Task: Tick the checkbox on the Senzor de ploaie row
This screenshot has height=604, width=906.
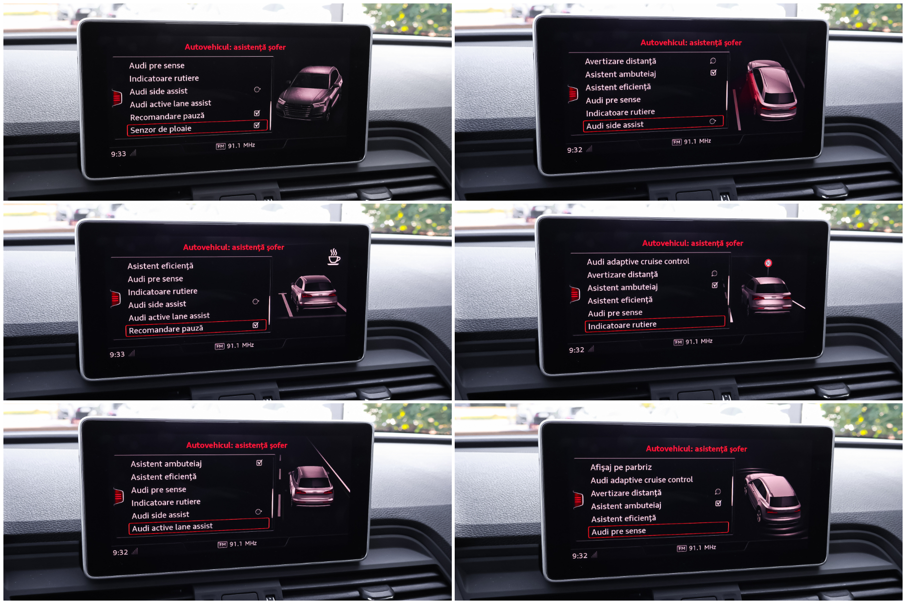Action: [257, 125]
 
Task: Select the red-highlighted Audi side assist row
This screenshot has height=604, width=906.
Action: [653, 124]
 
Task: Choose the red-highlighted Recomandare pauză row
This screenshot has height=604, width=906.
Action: [196, 328]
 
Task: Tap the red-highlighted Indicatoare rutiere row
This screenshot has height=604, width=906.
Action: [655, 324]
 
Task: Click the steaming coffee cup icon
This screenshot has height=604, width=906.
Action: [334, 256]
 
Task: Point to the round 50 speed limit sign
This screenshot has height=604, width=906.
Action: [768, 263]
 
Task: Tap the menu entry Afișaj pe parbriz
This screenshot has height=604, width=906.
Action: [621, 467]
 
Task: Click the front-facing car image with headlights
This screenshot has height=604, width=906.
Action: [310, 93]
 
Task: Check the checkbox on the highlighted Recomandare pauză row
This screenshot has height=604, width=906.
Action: [255, 325]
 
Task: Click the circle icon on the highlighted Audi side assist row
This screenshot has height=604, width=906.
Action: [713, 121]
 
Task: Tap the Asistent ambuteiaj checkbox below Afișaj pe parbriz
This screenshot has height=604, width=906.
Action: [718, 503]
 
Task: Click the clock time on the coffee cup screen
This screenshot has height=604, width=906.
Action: [117, 354]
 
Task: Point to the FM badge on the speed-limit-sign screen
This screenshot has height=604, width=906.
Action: [678, 342]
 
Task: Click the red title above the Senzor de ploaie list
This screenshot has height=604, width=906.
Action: [235, 47]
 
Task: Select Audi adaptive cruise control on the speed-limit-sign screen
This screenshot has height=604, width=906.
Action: [638, 262]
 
